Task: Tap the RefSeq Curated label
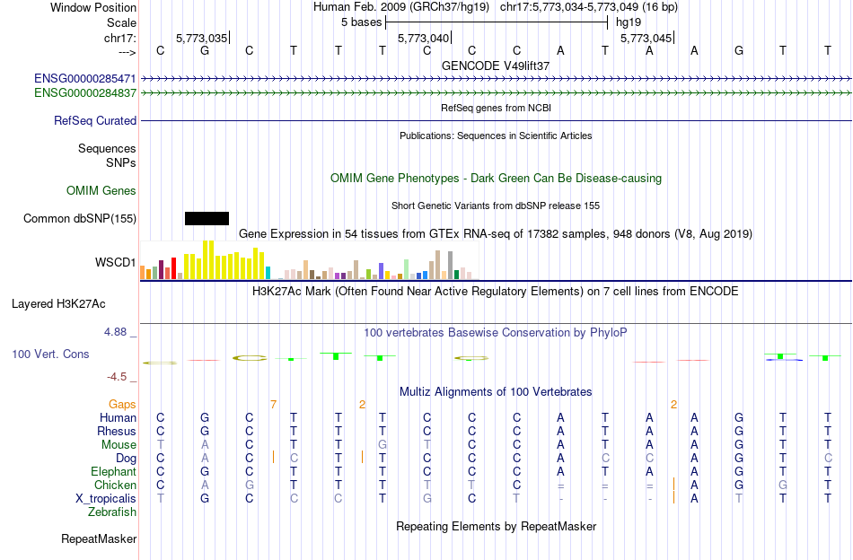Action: (x=95, y=120)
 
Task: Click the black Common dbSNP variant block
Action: (x=207, y=218)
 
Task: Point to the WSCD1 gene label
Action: (x=116, y=263)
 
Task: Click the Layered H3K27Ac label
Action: (x=75, y=303)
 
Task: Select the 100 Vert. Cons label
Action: (x=50, y=354)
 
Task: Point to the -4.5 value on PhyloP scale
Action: (x=119, y=377)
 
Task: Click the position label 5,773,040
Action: (x=423, y=38)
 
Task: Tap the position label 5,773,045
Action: (x=645, y=38)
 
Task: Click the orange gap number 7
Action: (x=273, y=405)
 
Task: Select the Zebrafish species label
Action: (x=112, y=512)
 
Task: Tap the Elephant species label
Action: (x=113, y=472)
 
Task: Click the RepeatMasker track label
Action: (x=99, y=539)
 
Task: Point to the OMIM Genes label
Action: (x=101, y=190)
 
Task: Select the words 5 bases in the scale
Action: (x=362, y=22)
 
